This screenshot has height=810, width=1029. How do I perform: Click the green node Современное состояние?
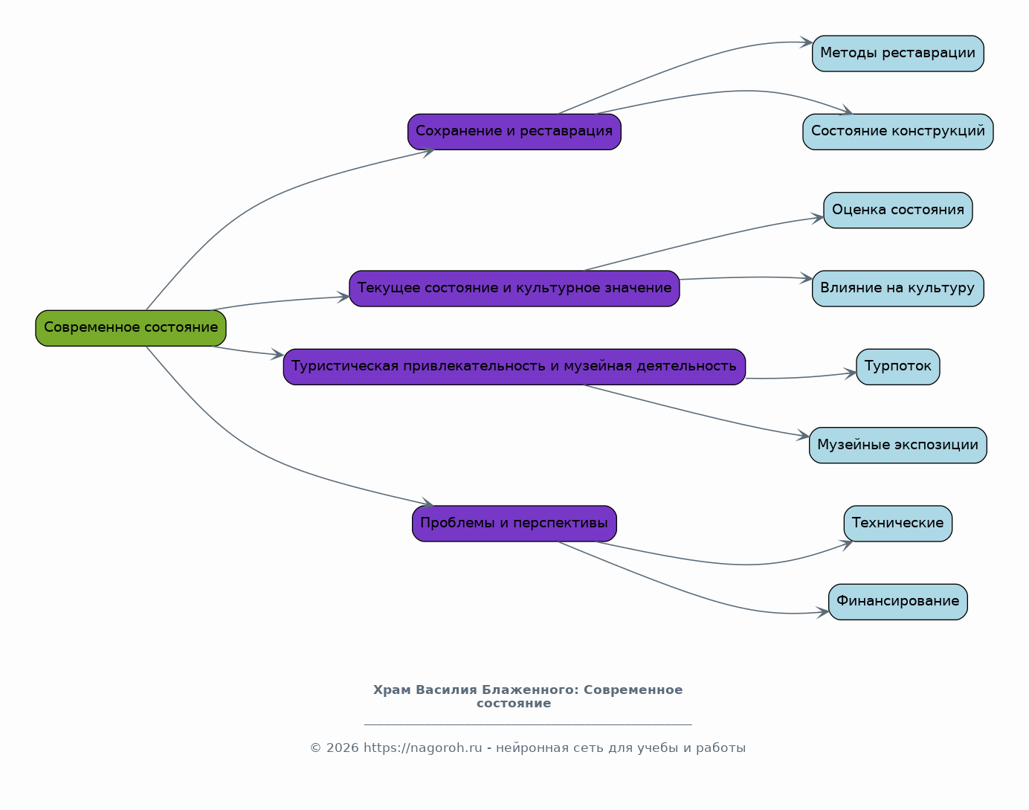pyautogui.click(x=131, y=328)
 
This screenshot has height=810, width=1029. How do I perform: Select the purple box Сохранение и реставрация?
pyautogui.click(x=514, y=132)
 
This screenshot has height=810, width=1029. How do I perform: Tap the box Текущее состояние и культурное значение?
pyautogui.click(x=514, y=289)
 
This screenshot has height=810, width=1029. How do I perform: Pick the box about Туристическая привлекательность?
pyautogui.click(x=514, y=367)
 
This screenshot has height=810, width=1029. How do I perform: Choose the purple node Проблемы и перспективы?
pyautogui.click(x=514, y=524)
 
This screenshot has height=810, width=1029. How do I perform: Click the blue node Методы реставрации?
pyautogui.click(x=897, y=54)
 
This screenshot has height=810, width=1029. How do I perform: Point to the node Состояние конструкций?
pyautogui.click(x=897, y=132)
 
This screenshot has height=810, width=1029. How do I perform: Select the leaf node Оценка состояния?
pyautogui.click(x=897, y=210)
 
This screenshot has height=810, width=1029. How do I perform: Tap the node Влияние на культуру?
pyautogui.click(x=897, y=289)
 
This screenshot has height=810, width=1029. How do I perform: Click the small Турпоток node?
pyautogui.click(x=897, y=367)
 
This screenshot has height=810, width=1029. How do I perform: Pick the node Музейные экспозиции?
pyautogui.click(x=897, y=445)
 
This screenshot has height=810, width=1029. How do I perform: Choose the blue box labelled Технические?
pyautogui.click(x=897, y=524)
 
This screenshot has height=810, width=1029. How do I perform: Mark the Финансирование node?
pyautogui.click(x=897, y=602)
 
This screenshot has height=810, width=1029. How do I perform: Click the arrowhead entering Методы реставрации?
pyautogui.click(x=806, y=42)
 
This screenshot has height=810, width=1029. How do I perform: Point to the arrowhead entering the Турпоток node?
pyautogui.click(x=850, y=373)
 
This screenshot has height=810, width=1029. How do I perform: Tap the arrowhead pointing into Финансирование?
pyautogui.click(x=822, y=612)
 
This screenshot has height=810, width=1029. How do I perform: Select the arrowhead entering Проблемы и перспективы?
pyautogui.click(x=428, y=502)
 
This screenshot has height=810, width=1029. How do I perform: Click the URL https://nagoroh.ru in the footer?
pyautogui.click(x=423, y=748)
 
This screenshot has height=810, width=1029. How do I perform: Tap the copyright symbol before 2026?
pyautogui.click(x=315, y=748)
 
